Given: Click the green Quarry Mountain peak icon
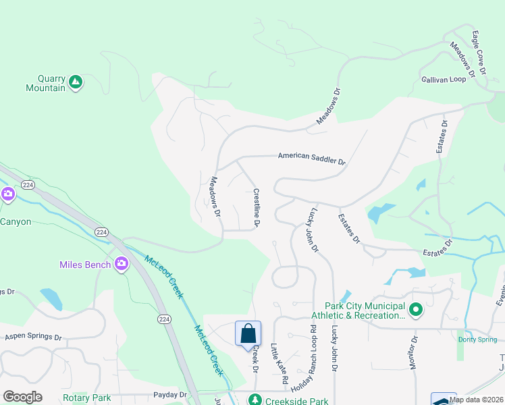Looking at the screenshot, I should click(76, 82).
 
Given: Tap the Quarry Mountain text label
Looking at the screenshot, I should click(45, 82).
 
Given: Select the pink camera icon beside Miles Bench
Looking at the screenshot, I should click(122, 264).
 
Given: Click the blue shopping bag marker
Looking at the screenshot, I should click(248, 333).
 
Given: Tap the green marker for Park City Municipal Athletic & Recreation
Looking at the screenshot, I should click(417, 310).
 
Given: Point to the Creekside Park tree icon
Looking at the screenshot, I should click(255, 400).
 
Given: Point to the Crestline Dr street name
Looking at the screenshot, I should click(257, 207).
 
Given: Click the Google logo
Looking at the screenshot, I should click(22, 397).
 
